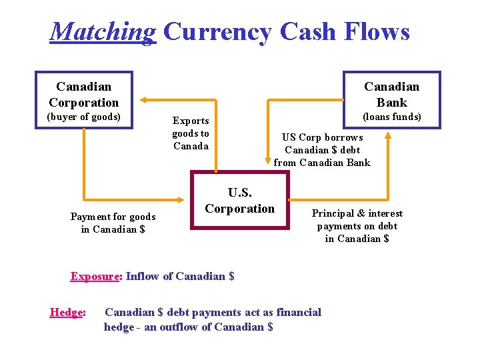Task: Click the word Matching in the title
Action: (x=103, y=31)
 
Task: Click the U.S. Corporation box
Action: (x=240, y=200)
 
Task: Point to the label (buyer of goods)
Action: (x=83, y=117)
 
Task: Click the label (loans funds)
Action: (x=391, y=117)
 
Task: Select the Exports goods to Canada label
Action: (x=191, y=133)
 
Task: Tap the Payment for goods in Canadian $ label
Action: (x=113, y=223)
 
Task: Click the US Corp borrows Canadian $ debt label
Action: (x=322, y=150)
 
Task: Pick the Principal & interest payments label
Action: (x=357, y=226)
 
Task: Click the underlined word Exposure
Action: (x=95, y=276)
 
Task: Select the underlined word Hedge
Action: (x=67, y=312)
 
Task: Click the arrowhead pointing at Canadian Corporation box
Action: (x=139, y=101)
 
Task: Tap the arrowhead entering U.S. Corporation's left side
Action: (x=186, y=199)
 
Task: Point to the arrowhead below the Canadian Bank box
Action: (x=387, y=133)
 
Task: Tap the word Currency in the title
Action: (x=217, y=31)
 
